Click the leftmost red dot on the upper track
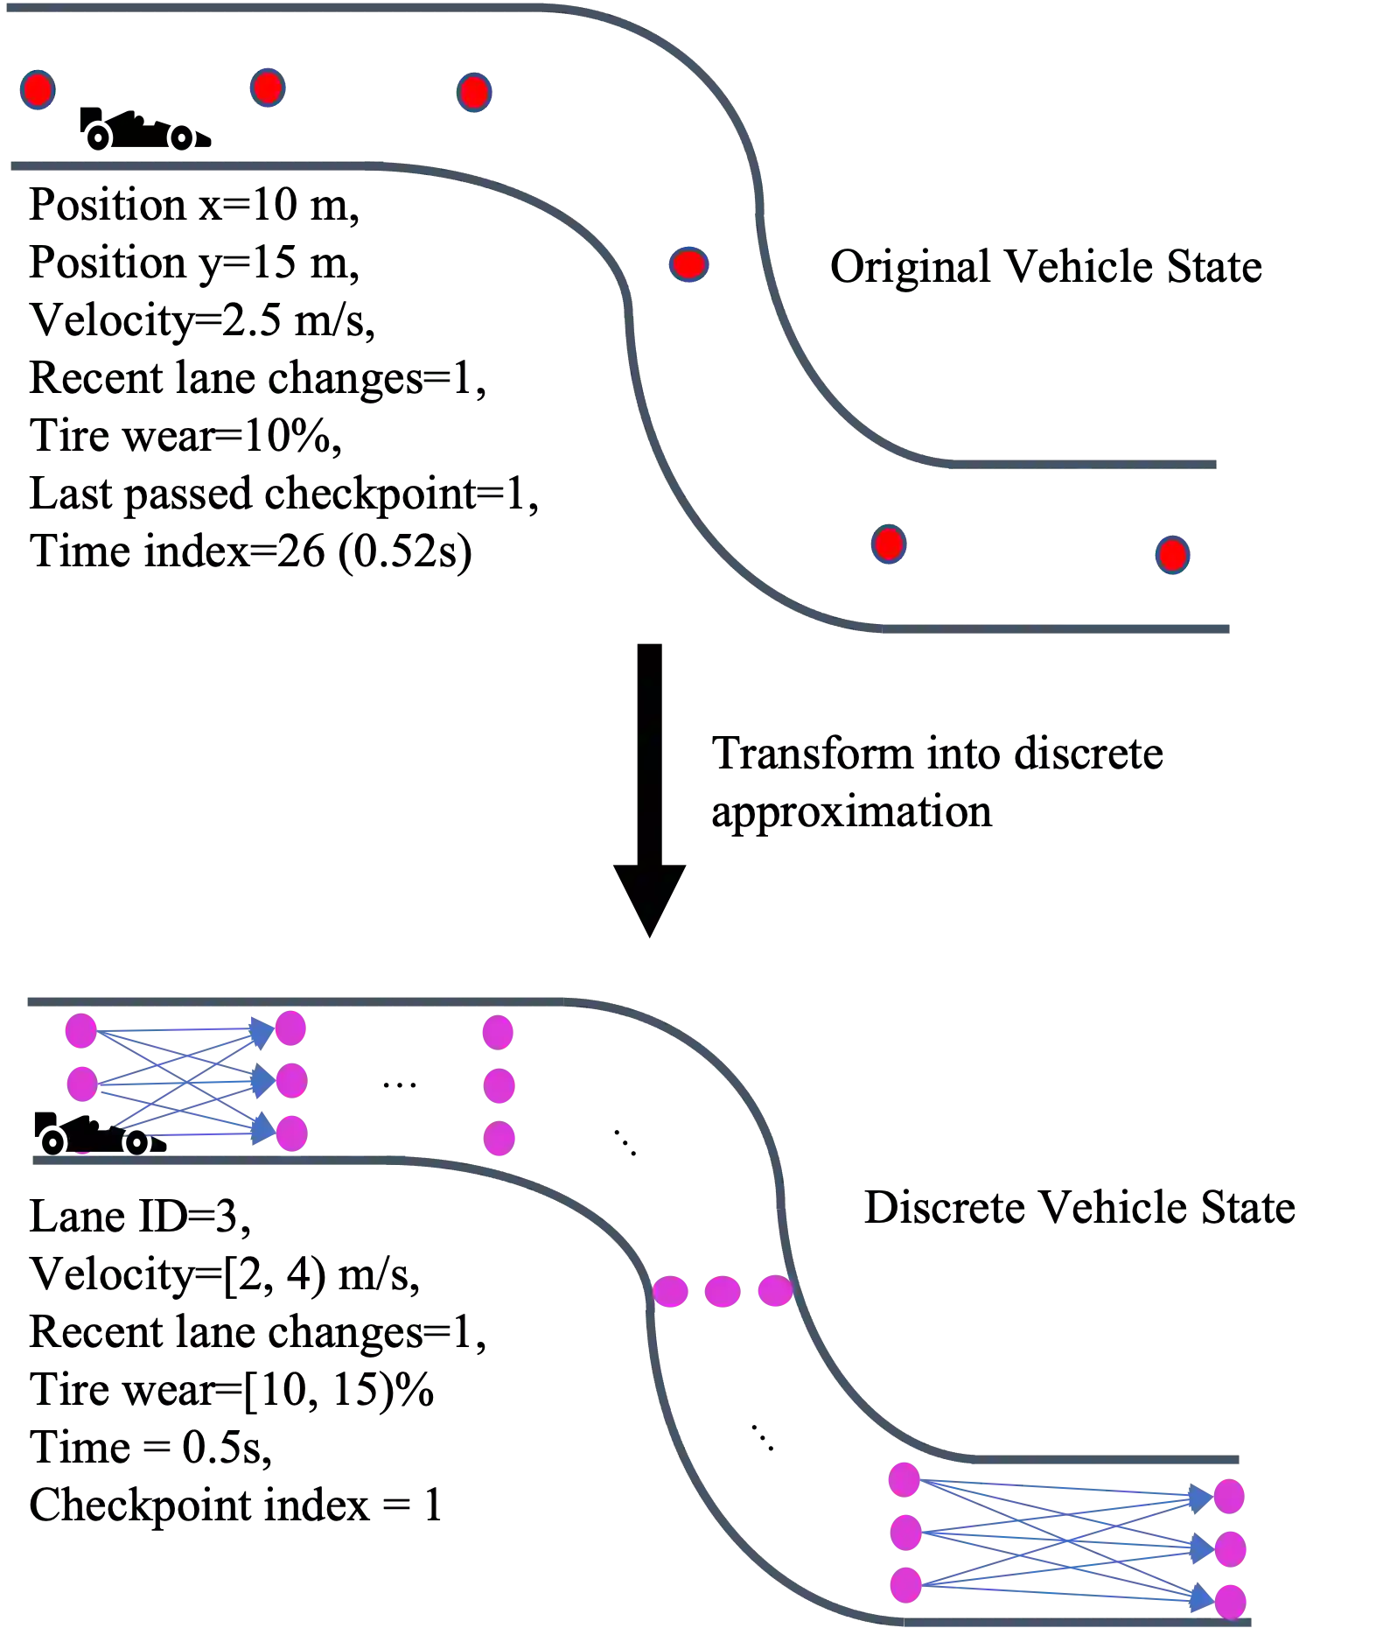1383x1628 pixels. (x=38, y=89)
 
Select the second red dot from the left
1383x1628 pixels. (x=267, y=88)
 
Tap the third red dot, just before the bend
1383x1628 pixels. (x=474, y=92)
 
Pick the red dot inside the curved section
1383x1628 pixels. (x=688, y=264)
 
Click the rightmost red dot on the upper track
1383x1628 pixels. (x=1172, y=555)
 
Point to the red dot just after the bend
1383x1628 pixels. (x=888, y=544)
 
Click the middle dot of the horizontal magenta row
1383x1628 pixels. (x=723, y=1291)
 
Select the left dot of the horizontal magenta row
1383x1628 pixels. (x=671, y=1291)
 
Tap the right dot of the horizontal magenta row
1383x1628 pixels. (x=774, y=1291)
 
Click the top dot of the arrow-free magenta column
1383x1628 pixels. (x=499, y=1033)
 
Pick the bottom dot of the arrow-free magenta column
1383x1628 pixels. (x=499, y=1140)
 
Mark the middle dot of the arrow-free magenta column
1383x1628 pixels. (x=499, y=1087)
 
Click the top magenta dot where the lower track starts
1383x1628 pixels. (x=80, y=1030)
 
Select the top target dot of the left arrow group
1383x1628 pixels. (x=290, y=1028)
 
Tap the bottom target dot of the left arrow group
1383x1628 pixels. (x=290, y=1134)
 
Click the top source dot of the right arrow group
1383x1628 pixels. (x=905, y=1480)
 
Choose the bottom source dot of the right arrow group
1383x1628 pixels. (x=905, y=1585)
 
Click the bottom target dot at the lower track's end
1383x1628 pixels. (x=1230, y=1603)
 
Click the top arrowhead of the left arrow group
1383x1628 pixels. (x=262, y=1030)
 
